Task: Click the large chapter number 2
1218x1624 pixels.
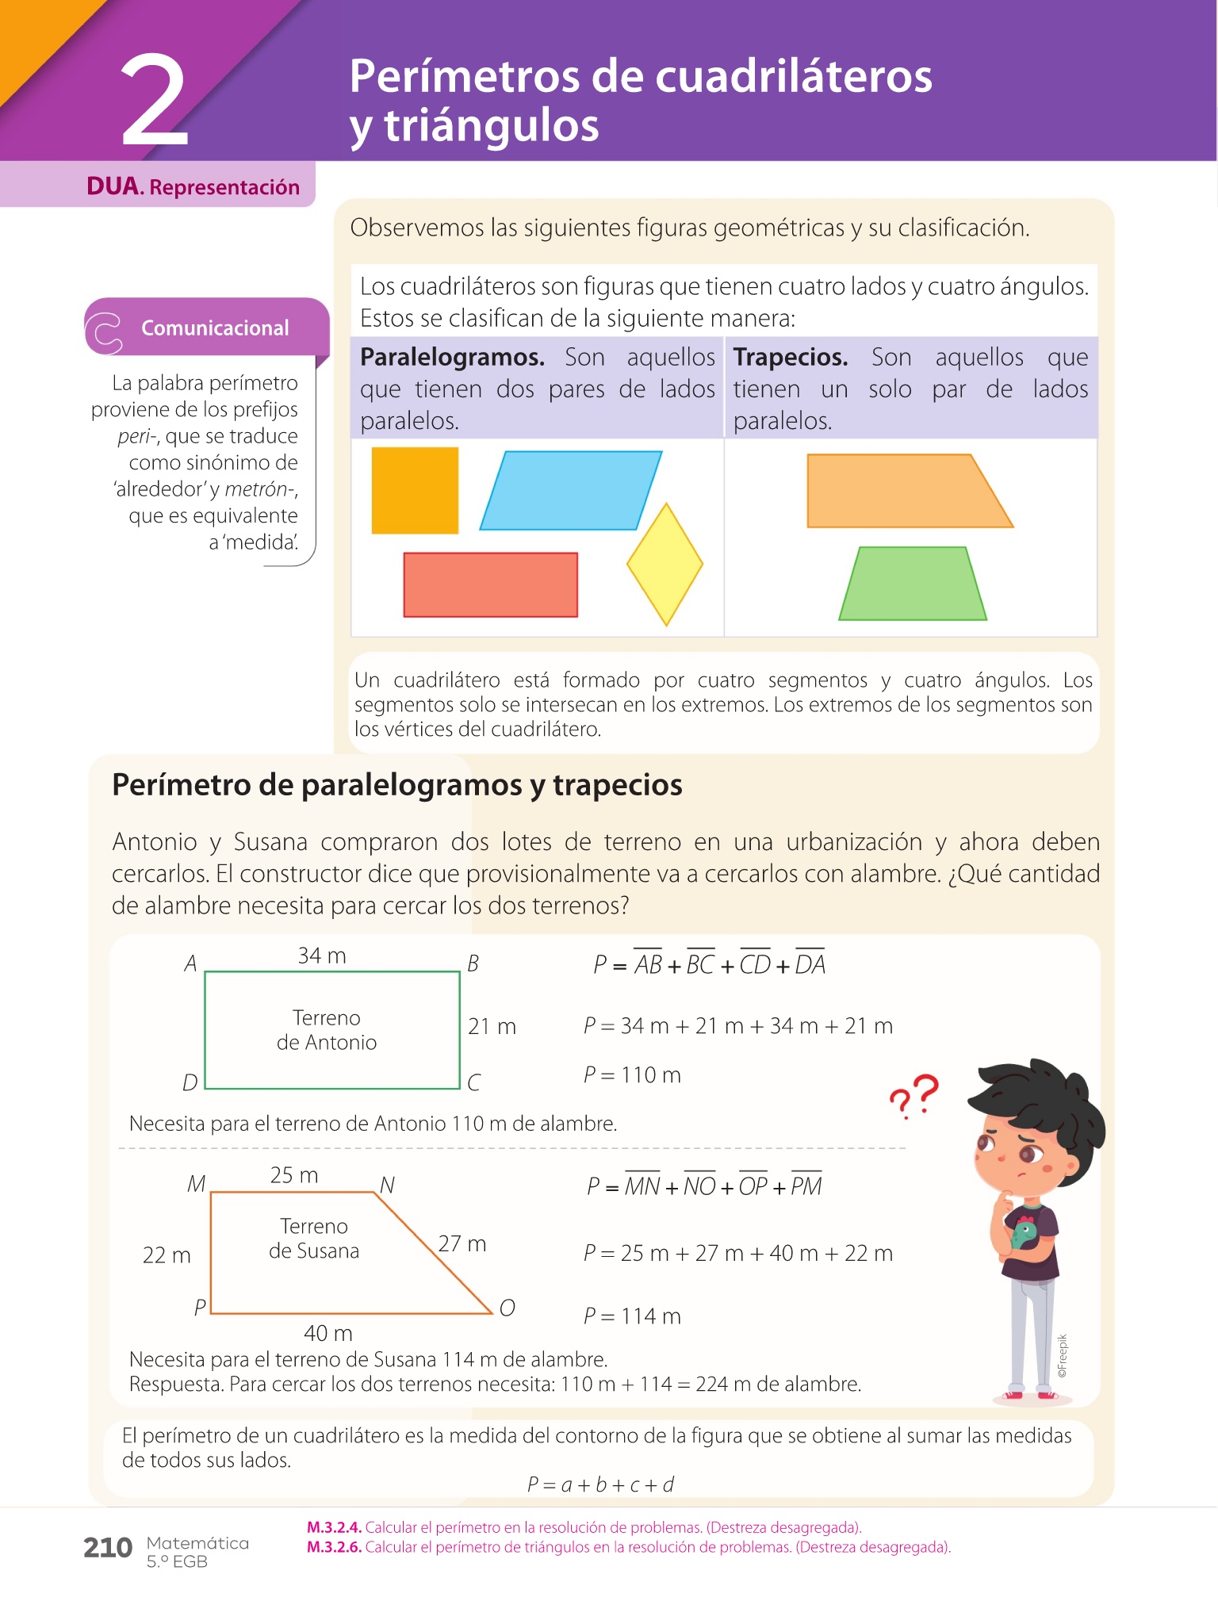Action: (x=155, y=101)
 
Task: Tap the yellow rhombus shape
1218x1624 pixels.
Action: (x=665, y=564)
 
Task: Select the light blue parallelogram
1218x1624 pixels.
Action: (x=570, y=490)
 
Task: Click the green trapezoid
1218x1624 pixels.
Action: (x=913, y=584)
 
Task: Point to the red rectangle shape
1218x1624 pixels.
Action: (x=490, y=584)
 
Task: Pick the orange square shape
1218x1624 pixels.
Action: (x=415, y=490)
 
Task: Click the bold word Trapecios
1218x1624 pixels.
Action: (x=790, y=357)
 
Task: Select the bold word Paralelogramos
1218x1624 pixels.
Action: (x=452, y=357)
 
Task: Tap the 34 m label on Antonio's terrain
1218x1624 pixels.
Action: (x=322, y=956)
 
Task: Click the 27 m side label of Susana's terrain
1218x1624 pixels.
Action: (x=462, y=1243)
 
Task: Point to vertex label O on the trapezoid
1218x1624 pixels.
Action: (x=507, y=1308)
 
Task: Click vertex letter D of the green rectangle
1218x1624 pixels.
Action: (x=190, y=1082)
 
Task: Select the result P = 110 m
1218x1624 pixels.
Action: (x=632, y=1074)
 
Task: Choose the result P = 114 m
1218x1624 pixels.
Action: (x=632, y=1316)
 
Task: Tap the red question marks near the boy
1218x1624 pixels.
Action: (x=914, y=1096)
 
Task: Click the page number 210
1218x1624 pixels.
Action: (x=108, y=1547)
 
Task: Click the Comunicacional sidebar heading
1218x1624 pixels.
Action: (x=215, y=327)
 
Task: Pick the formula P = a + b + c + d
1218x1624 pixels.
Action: (x=600, y=1484)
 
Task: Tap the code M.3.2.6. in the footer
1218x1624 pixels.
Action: (x=334, y=1546)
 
